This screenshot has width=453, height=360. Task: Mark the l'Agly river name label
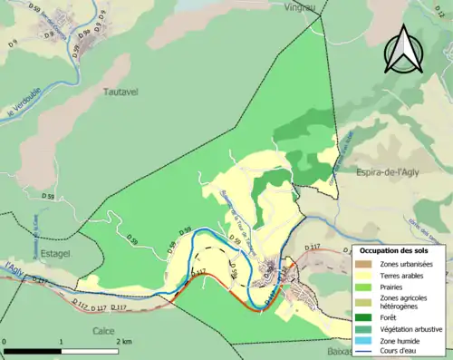[x=14, y=268]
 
